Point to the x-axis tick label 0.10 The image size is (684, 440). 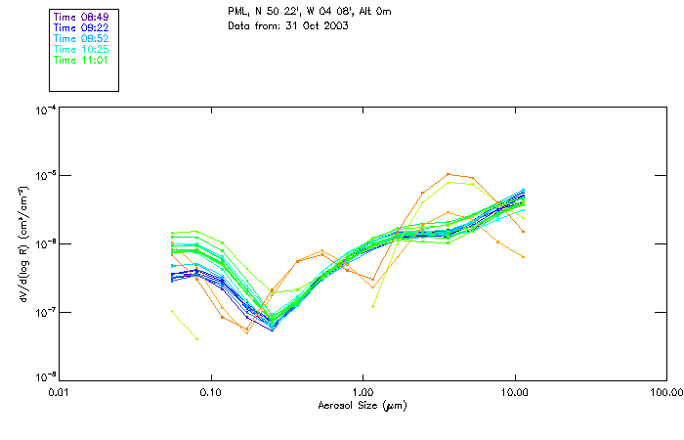pos(211,391)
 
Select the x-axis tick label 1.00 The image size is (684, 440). pos(363,391)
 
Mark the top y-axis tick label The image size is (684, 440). pos(45,110)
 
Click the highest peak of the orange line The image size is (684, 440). pos(449,174)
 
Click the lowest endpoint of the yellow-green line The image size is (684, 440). pos(196,339)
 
